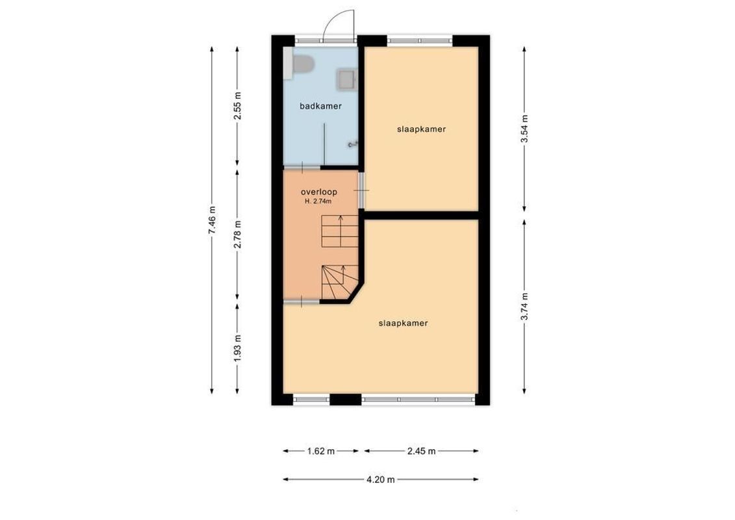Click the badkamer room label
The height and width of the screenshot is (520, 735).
(x=320, y=106)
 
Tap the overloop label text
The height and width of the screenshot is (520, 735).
(x=318, y=192)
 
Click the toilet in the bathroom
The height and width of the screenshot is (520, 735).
(x=302, y=65)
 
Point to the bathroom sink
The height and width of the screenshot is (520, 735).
(x=346, y=80)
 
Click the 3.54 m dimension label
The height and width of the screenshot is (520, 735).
(x=524, y=129)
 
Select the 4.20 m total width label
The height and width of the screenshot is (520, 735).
(x=381, y=480)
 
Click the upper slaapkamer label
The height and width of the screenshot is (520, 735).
(x=421, y=129)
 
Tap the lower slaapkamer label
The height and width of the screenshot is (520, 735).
(x=403, y=323)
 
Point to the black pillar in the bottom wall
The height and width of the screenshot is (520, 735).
(x=345, y=400)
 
